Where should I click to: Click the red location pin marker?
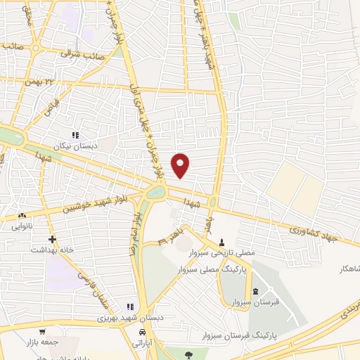tap(181, 165)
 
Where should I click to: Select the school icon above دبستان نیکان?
tap(76, 134)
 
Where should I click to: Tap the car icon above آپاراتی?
tap(143, 330)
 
